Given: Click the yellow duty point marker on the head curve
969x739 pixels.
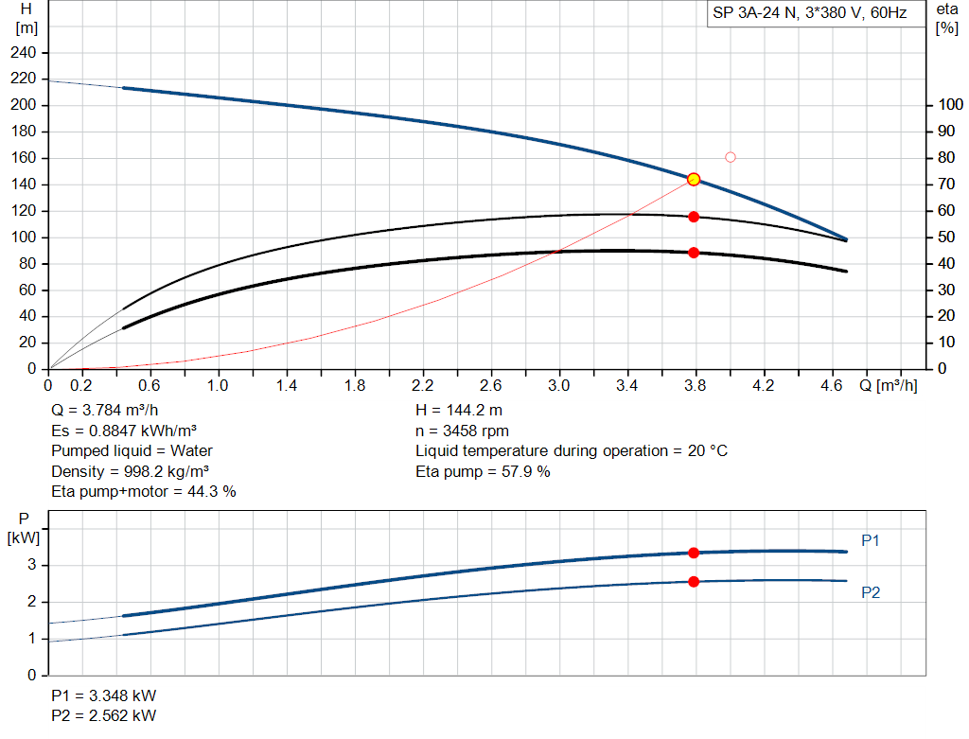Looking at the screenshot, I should [694, 179].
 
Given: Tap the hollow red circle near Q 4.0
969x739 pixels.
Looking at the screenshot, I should [730, 157].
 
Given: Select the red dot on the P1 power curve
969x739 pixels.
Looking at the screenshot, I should [694, 553].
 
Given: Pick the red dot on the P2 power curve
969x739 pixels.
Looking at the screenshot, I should [694, 582].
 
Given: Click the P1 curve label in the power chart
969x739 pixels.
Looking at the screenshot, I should [871, 540].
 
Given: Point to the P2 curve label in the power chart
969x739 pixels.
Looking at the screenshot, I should [871, 592].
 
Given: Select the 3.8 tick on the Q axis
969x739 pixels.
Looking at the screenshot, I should [696, 385].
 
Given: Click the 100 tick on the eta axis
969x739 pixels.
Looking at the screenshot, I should [947, 105].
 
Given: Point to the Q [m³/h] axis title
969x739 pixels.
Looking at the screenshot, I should [888, 385].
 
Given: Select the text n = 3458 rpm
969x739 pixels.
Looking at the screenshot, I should [462, 431].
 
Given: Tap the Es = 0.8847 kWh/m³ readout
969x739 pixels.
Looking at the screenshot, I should [124, 431].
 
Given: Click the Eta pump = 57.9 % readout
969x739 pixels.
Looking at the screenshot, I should [483, 471].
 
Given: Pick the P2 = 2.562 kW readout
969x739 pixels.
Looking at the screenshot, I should [104, 715].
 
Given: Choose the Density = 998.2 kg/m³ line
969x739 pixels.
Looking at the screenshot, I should [131, 471].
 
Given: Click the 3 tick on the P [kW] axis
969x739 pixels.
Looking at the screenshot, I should [32, 565].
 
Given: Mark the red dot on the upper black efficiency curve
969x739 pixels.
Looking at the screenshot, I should [694, 217].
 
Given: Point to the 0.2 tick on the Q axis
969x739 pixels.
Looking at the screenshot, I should [82, 385].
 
